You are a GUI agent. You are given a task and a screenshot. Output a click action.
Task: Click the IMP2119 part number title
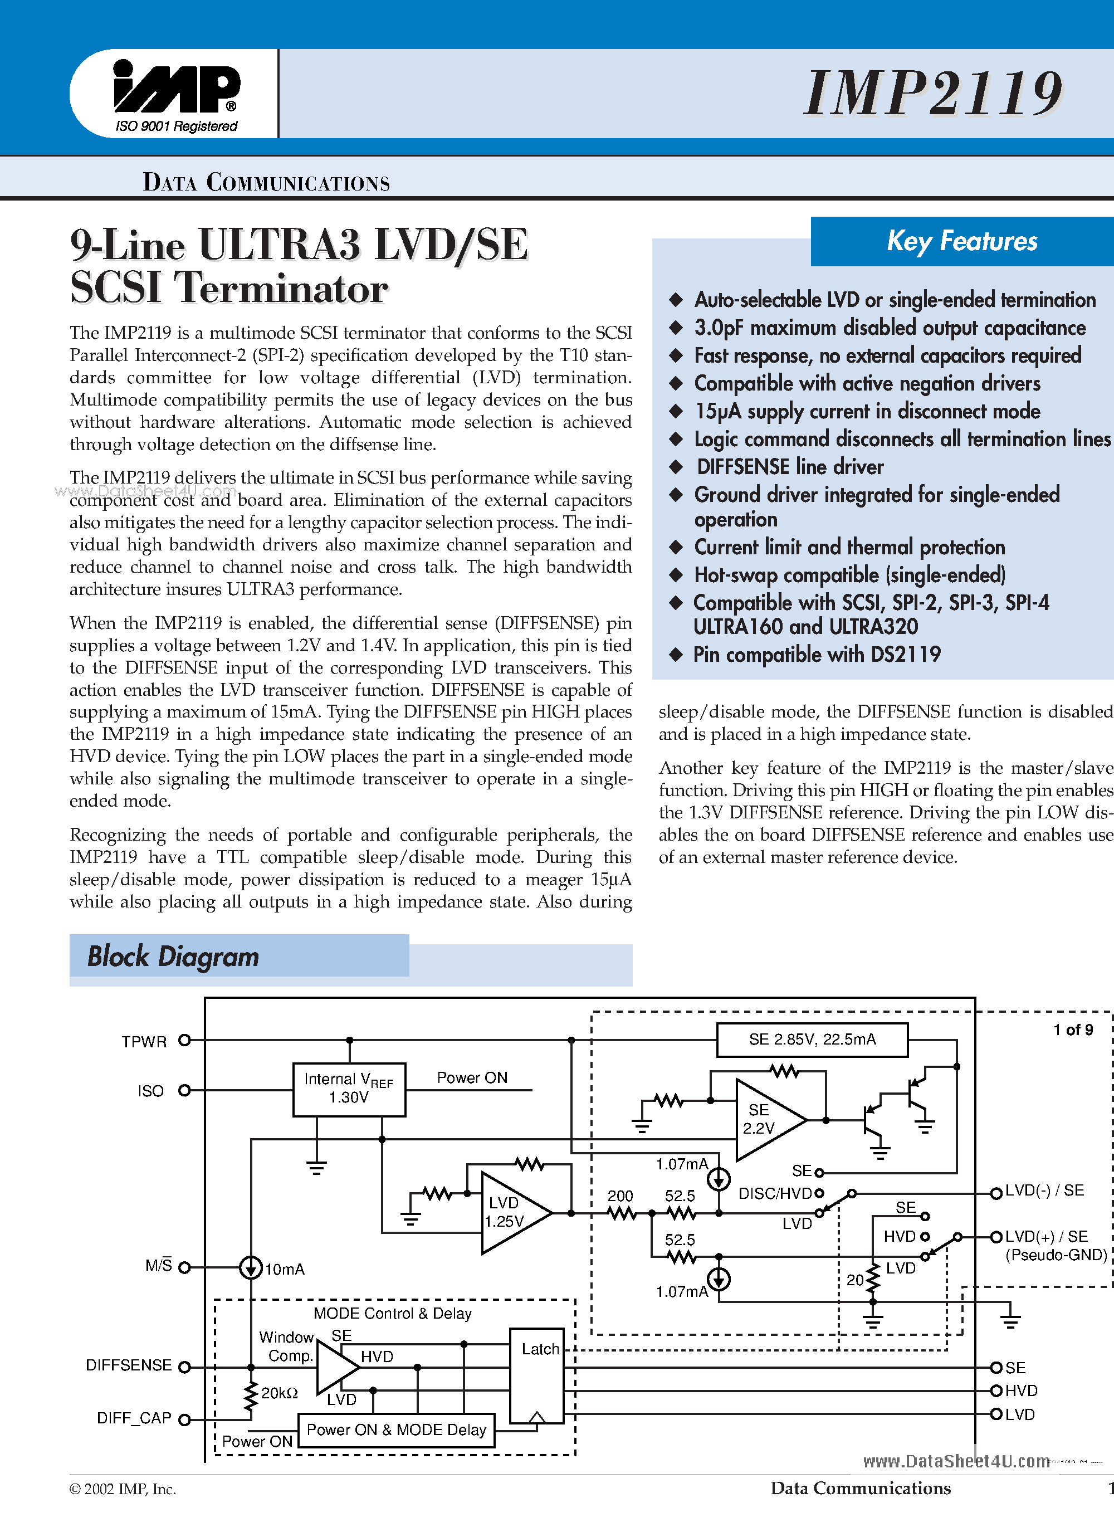933,93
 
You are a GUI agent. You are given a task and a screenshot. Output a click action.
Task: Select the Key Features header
961,241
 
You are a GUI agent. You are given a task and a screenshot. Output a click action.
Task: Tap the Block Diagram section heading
173,957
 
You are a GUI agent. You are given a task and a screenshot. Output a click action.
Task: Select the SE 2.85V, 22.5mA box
812,1040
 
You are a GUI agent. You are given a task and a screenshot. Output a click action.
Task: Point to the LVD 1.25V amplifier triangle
511,1212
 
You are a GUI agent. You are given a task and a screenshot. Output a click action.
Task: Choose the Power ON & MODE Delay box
396,1430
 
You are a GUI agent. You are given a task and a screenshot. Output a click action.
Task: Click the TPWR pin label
144,1042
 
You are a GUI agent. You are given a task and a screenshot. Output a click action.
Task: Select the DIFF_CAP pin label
134,1418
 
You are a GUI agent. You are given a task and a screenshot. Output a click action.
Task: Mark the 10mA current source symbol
251,1268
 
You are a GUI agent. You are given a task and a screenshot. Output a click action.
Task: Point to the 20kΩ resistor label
279,1393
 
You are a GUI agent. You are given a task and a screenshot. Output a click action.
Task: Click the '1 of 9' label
1073,1030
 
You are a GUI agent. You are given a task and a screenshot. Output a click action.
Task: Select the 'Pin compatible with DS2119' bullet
817,654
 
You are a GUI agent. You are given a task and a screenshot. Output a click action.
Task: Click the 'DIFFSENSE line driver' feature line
790,467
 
